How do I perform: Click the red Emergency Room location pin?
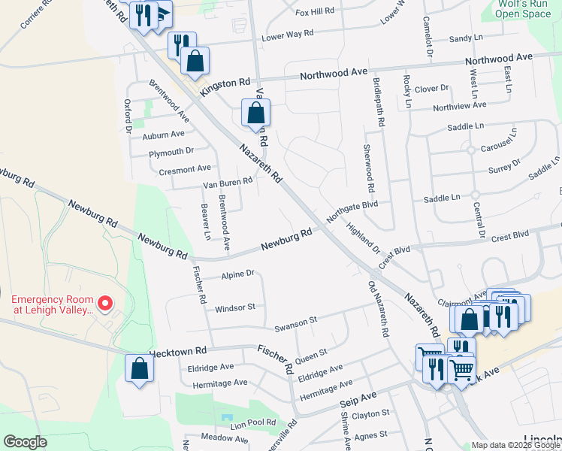(105, 304)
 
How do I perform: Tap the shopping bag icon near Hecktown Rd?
(139, 368)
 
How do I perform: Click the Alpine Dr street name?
(239, 275)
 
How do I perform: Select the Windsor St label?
(235, 307)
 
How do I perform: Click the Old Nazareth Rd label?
(377, 309)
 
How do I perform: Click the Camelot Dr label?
(428, 36)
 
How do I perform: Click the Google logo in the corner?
(25, 442)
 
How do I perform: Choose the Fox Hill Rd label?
(315, 12)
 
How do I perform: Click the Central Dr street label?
(479, 215)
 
